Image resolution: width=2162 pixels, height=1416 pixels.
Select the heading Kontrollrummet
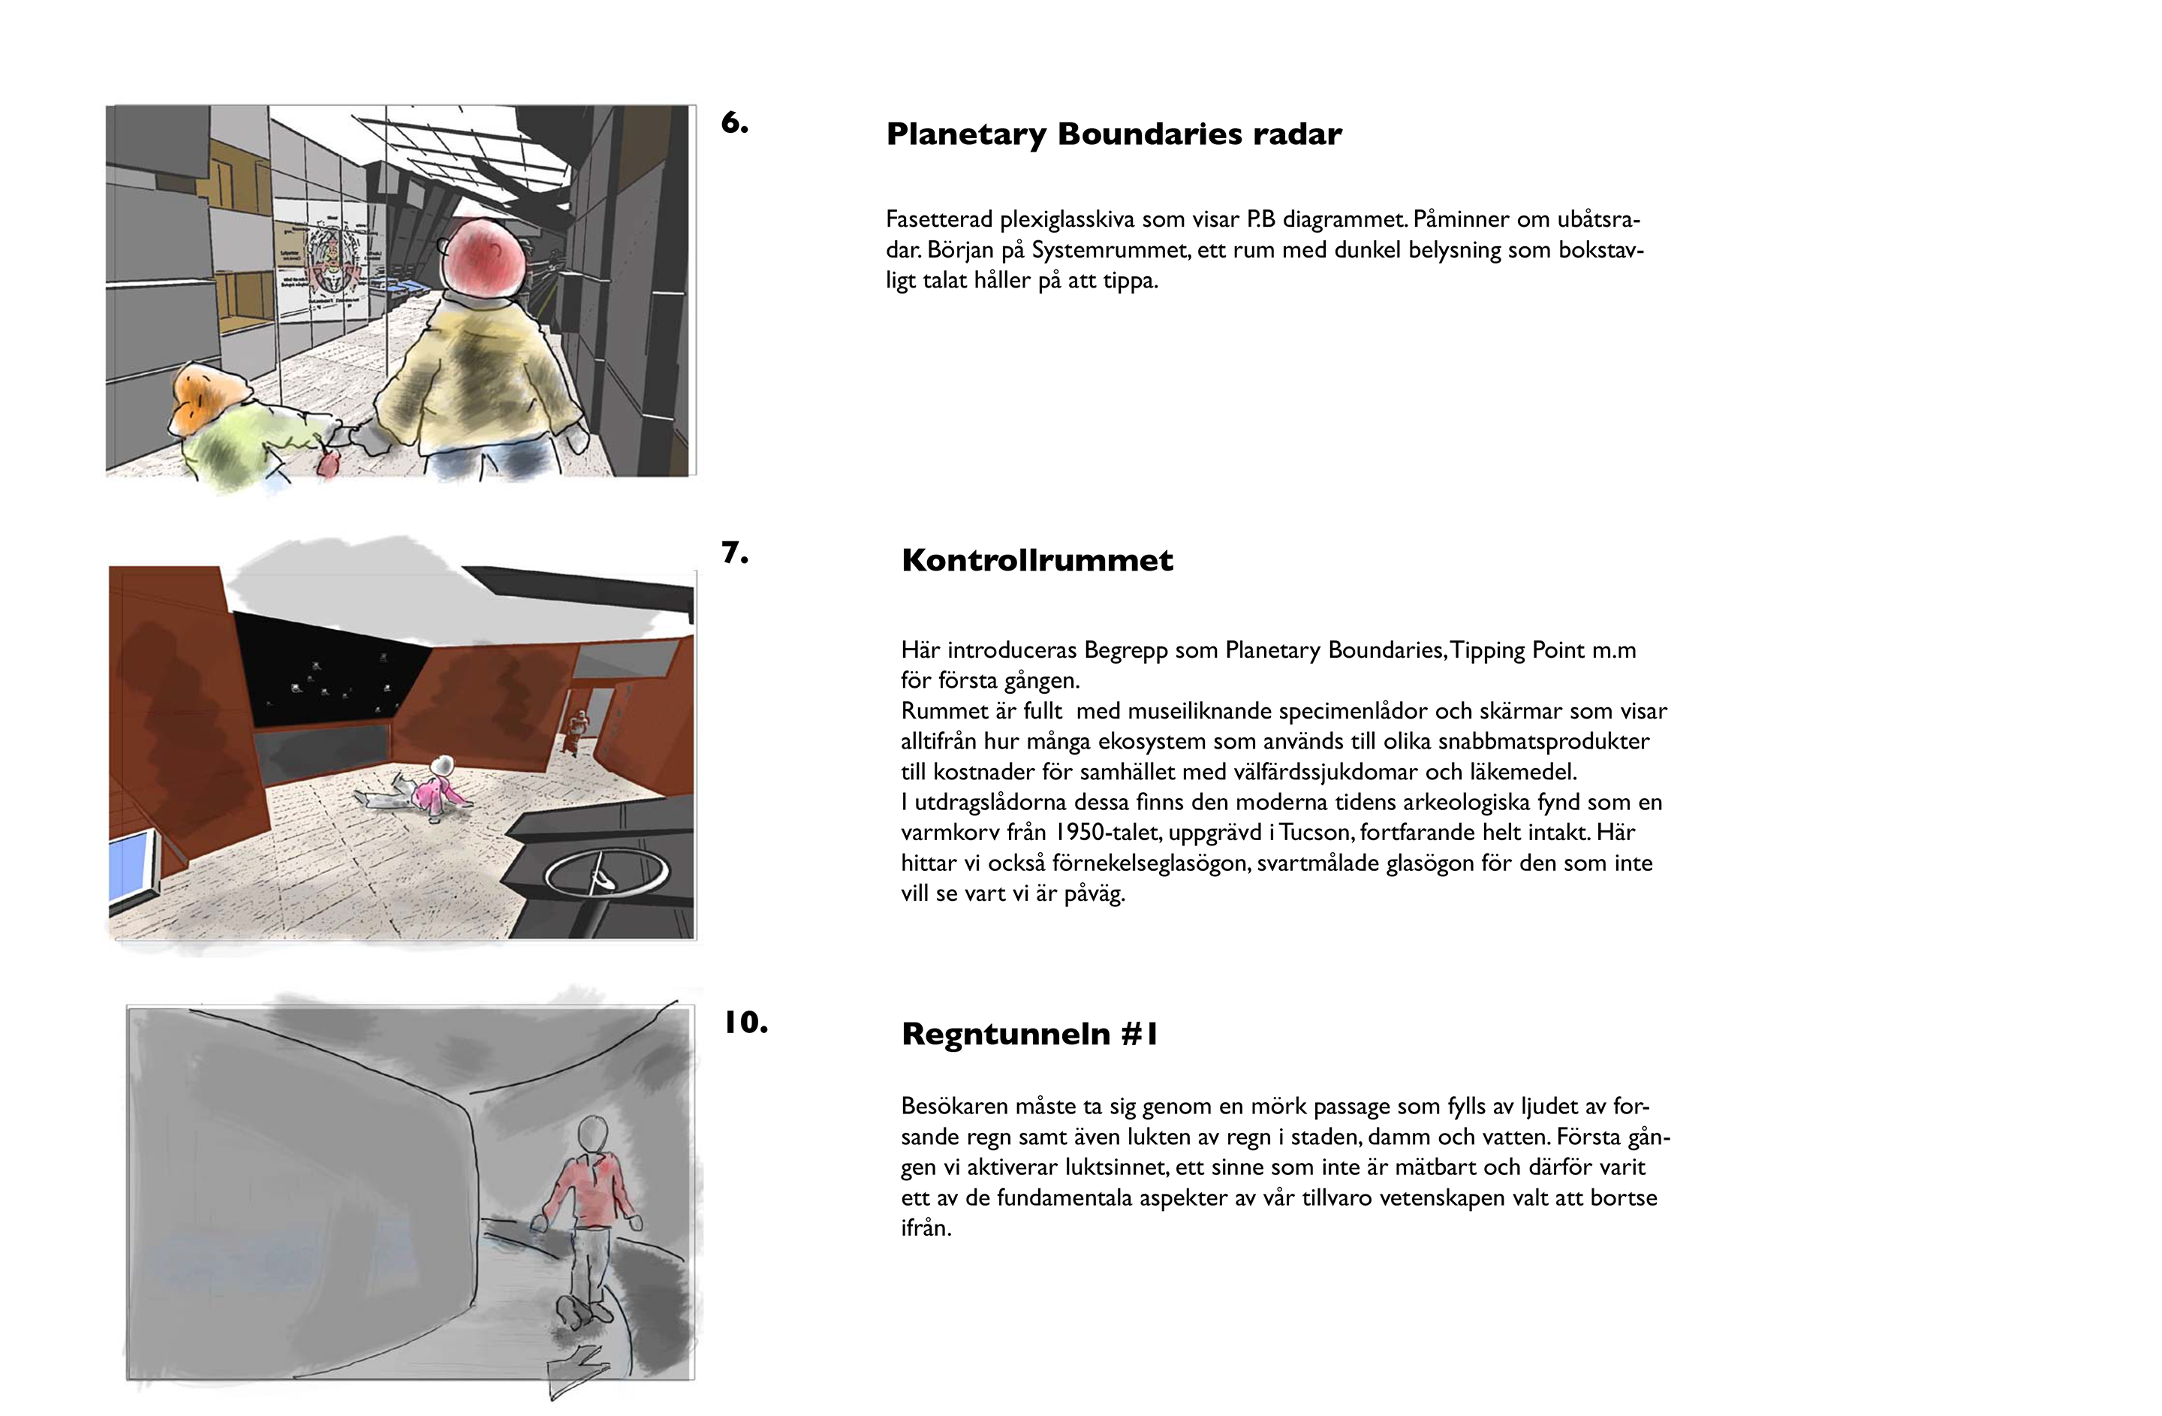(x=1037, y=560)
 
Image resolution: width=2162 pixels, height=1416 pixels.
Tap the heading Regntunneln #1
(x=1029, y=1034)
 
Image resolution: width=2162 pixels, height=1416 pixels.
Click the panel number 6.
(x=734, y=122)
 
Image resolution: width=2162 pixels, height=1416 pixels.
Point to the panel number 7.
(x=734, y=553)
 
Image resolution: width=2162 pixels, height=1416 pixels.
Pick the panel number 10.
(x=745, y=1023)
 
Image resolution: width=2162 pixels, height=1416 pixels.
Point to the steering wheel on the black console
(x=606, y=874)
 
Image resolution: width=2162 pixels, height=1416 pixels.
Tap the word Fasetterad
(x=938, y=220)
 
